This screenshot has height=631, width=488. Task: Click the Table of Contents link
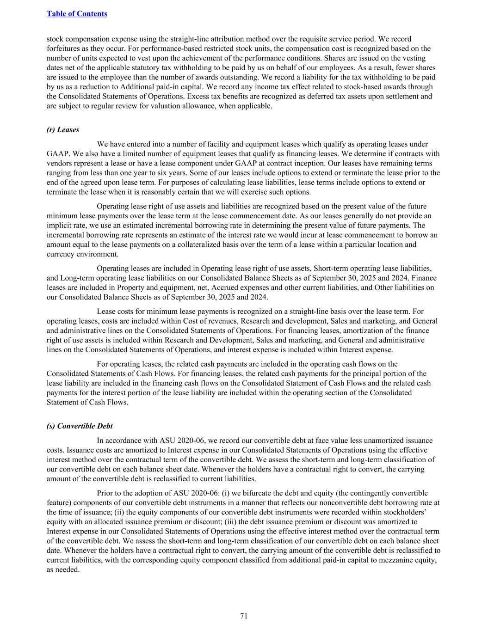[x=77, y=14]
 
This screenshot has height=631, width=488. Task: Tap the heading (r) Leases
[x=63, y=130]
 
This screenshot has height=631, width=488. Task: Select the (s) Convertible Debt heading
[x=80, y=426]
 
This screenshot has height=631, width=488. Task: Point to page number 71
[x=244, y=616]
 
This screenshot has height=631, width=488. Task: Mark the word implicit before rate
[x=60, y=226]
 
